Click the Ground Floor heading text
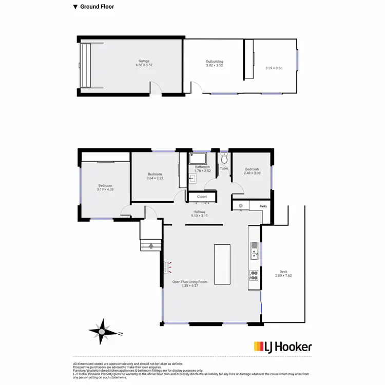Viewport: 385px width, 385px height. (97, 7)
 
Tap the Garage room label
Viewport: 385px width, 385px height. (144, 63)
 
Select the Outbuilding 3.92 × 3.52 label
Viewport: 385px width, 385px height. (215, 64)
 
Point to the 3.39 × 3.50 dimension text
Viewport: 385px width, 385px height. (274, 68)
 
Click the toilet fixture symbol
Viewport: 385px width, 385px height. (224, 158)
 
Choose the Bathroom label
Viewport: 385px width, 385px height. (202, 169)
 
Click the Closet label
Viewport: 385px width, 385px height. (202, 196)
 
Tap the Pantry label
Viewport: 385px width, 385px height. (263, 206)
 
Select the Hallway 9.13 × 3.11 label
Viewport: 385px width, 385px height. (199, 214)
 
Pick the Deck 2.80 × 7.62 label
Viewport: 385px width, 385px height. (283, 274)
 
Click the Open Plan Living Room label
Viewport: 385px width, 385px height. (189, 283)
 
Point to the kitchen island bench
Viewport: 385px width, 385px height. (222, 265)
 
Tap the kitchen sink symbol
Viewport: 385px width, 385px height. (253, 251)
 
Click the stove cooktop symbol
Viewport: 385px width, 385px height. (253, 275)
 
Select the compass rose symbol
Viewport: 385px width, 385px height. (102, 332)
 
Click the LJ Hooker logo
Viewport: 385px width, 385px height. (283, 347)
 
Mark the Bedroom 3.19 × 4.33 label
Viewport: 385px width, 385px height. (105, 187)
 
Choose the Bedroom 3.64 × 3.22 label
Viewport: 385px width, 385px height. (155, 176)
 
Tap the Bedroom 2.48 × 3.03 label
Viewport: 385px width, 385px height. (252, 171)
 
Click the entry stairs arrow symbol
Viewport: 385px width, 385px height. (151, 246)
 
